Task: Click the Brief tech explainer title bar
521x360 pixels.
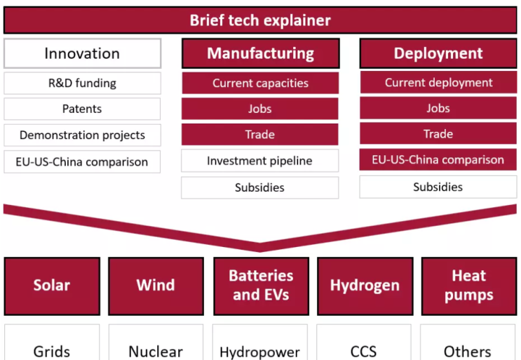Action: click(260, 20)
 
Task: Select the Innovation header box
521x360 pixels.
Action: click(82, 53)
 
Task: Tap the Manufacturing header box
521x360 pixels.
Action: click(260, 53)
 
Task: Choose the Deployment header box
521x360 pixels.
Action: click(438, 53)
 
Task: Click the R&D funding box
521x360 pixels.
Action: click(82, 83)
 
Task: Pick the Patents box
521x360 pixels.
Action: click(82, 109)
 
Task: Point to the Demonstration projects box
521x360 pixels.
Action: click(82, 135)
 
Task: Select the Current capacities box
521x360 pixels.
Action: click(260, 83)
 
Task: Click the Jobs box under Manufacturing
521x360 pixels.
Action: click(260, 109)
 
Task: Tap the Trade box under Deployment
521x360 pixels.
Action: click(438, 134)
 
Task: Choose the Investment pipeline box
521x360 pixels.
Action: click(260, 161)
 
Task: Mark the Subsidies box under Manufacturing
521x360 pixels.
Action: click(260, 187)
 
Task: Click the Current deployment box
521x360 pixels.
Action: click(438, 82)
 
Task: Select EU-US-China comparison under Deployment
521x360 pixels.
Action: click(438, 159)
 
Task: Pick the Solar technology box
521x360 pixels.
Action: click(52, 286)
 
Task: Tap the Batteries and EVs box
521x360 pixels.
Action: click(260, 286)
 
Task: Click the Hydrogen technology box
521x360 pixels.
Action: click(365, 286)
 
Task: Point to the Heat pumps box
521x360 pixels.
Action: click(468, 286)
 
